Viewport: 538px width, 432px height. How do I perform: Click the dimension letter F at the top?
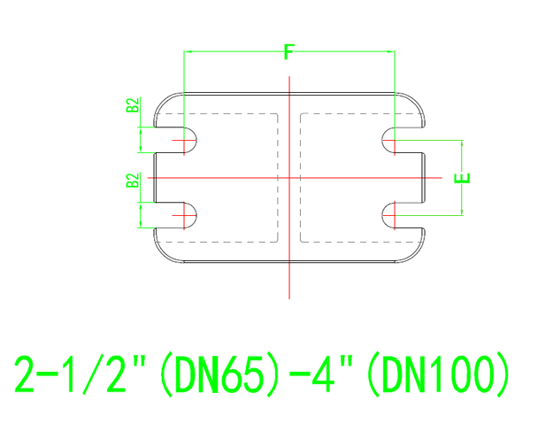[x=288, y=52]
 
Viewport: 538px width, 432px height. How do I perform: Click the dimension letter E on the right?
[x=462, y=177]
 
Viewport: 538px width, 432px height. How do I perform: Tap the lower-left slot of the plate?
[x=177, y=214]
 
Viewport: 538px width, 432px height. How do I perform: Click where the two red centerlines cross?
[x=289, y=177]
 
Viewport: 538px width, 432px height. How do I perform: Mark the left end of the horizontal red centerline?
[x=148, y=177]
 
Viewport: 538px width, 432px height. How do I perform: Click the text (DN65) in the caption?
[x=210, y=375]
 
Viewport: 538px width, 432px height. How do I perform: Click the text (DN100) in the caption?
[x=438, y=375]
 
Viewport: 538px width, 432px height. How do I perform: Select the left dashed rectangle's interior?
[x=232, y=177]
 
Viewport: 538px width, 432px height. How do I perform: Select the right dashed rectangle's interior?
[x=347, y=177]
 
